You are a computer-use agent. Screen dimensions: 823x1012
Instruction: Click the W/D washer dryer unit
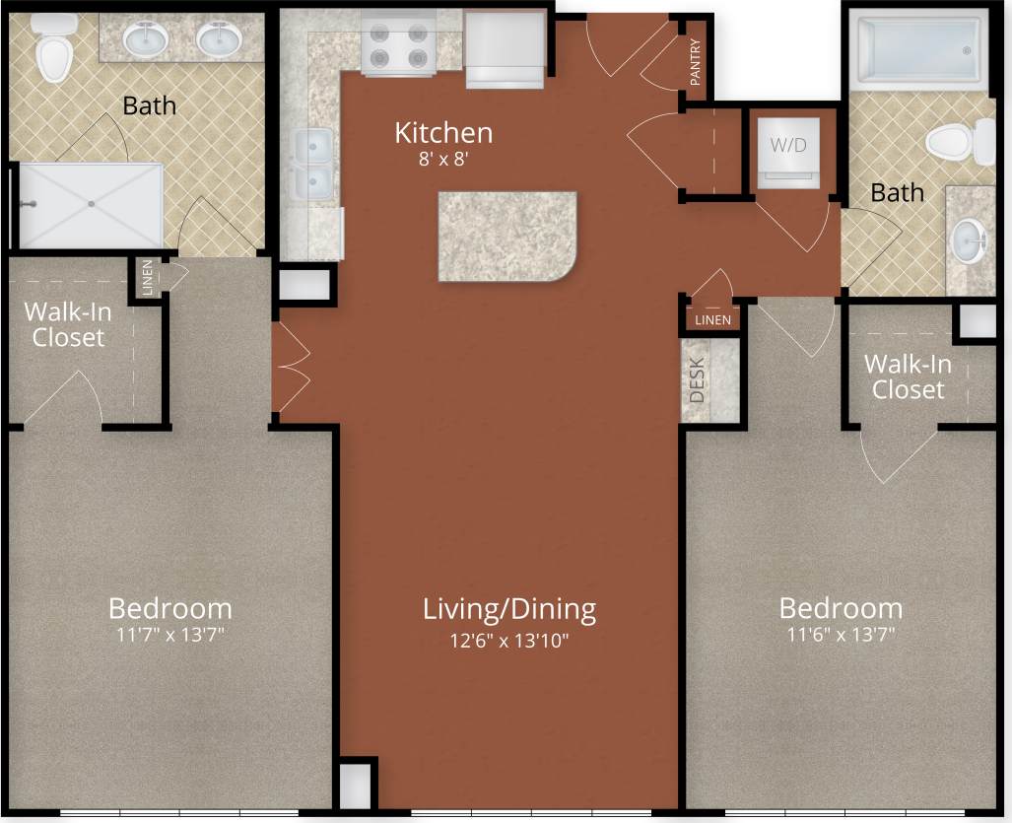[787, 156]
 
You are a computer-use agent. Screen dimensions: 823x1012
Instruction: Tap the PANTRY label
[696, 62]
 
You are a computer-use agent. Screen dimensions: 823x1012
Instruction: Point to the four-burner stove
[398, 43]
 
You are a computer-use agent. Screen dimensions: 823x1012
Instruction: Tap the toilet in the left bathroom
[53, 51]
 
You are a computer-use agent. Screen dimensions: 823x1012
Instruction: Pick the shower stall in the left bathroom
[91, 205]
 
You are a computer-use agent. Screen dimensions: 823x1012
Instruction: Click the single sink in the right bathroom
[969, 239]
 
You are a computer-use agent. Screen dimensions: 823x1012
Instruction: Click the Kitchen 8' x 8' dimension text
[443, 157]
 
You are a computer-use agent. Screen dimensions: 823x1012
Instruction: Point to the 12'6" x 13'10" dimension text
[509, 641]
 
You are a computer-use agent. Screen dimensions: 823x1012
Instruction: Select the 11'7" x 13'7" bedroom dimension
[169, 635]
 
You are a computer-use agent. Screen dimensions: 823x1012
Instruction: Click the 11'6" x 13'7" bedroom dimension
[841, 635]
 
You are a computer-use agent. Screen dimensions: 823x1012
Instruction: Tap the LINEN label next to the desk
[712, 320]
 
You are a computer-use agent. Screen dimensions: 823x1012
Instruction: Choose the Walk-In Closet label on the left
[67, 324]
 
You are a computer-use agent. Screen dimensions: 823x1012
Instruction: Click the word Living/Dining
[509, 608]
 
